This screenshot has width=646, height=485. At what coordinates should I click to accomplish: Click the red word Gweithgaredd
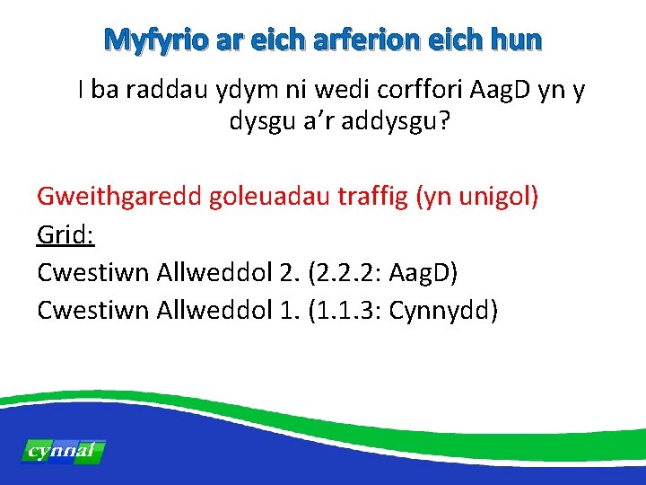[x=119, y=196]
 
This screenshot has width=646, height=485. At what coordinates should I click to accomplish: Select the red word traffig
[x=373, y=196]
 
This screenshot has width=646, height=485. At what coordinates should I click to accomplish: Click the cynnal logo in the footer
[x=62, y=451]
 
